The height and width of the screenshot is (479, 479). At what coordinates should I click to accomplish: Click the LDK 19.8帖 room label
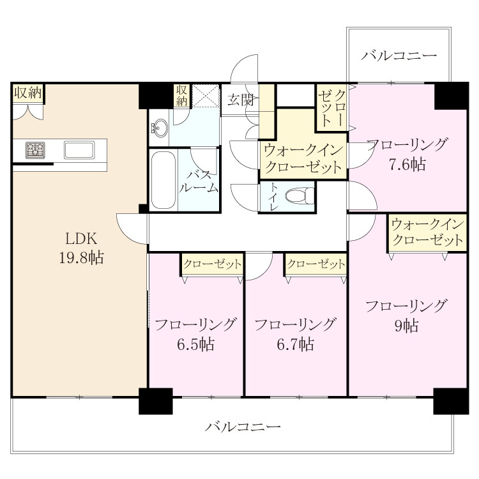(x=81, y=248)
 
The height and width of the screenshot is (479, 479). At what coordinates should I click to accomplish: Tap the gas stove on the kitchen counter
(x=35, y=150)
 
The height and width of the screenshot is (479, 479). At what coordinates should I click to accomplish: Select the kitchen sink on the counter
(x=79, y=149)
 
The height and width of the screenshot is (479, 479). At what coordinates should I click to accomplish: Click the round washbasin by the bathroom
(x=159, y=128)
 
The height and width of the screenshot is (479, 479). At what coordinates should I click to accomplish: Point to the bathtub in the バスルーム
(x=163, y=180)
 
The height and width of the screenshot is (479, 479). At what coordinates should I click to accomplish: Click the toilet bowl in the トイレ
(x=300, y=195)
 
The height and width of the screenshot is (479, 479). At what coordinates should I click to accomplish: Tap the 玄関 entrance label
(x=241, y=100)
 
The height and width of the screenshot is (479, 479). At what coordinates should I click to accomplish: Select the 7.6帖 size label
(x=407, y=165)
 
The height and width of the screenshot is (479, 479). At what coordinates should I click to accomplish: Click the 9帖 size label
(x=407, y=326)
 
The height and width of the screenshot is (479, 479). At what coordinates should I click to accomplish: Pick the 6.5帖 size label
(x=195, y=344)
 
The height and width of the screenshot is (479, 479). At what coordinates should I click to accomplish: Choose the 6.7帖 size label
(x=296, y=344)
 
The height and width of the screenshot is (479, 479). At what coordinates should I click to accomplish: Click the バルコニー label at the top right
(x=399, y=56)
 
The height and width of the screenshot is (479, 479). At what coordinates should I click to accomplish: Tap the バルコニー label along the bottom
(x=243, y=427)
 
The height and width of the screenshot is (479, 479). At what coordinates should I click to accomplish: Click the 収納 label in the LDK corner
(x=28, y=93)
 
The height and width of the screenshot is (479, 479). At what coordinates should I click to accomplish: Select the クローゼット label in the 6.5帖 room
(x=212, y=264)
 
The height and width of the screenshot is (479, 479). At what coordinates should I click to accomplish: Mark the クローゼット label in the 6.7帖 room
(x=316, y=264)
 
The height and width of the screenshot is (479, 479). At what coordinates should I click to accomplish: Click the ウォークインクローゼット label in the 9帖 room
(x=427, y=232)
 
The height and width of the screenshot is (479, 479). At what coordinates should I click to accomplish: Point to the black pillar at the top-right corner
(x=451, y=96)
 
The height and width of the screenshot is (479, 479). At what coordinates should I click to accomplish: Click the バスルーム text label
(x=199, y=181)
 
